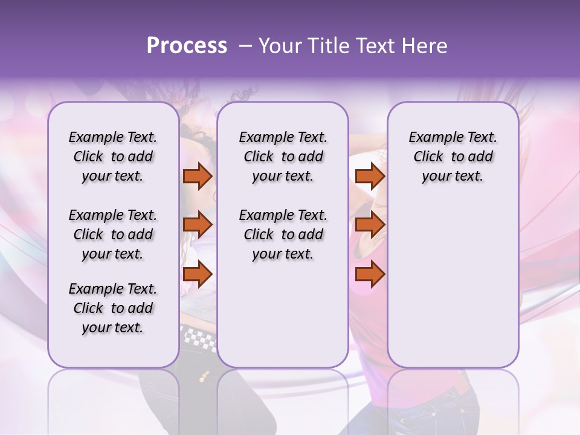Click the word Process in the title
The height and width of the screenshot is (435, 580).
[187, 46]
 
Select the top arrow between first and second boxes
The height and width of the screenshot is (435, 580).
[198, 176]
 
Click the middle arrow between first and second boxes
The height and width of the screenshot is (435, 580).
[198, 225]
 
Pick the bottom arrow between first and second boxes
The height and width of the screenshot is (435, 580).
[198, 274]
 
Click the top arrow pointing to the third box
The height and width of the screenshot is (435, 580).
[370, 176]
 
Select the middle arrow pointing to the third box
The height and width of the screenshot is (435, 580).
[370, 225]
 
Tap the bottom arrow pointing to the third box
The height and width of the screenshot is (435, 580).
[370, 274]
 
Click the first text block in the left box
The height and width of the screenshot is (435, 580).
[113, 156]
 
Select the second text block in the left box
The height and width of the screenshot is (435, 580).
[113, 234]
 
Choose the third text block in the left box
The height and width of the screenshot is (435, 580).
[113, 308]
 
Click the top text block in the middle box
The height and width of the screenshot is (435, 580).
[283, 156]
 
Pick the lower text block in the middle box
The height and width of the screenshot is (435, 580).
[283, 234]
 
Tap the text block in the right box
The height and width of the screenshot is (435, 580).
[453, 156]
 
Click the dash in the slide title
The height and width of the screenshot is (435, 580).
[245, 46]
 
